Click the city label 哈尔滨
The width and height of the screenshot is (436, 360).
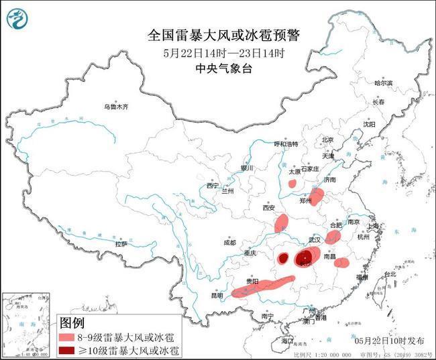coord(383,83)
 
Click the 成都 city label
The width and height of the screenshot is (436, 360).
coord(230,242)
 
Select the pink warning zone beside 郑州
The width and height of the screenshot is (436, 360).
coord(317,196)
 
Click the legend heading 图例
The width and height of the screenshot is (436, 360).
coord(73,322)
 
